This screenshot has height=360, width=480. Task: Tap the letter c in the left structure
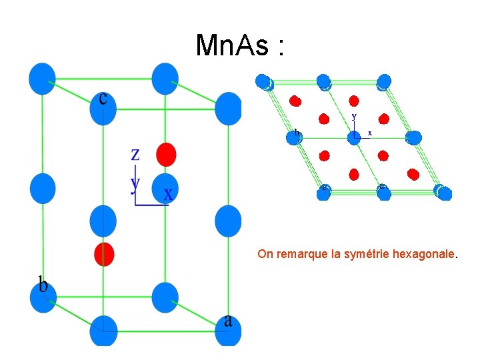(x=103, y=99)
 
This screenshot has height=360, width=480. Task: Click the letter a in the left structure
(x=229, y=321)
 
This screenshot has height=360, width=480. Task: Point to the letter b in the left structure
(x=43, y=286)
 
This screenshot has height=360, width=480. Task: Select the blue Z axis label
(x=135, y=155)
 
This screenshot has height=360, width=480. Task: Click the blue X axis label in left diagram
(x=169, y=195)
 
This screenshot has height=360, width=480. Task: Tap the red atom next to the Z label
(x=165, y=154)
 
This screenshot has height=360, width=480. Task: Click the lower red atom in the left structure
(x=104, y=254)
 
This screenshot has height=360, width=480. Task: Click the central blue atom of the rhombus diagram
(x=353, y=137)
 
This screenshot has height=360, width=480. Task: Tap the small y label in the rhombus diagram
(x=354, y=116)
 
